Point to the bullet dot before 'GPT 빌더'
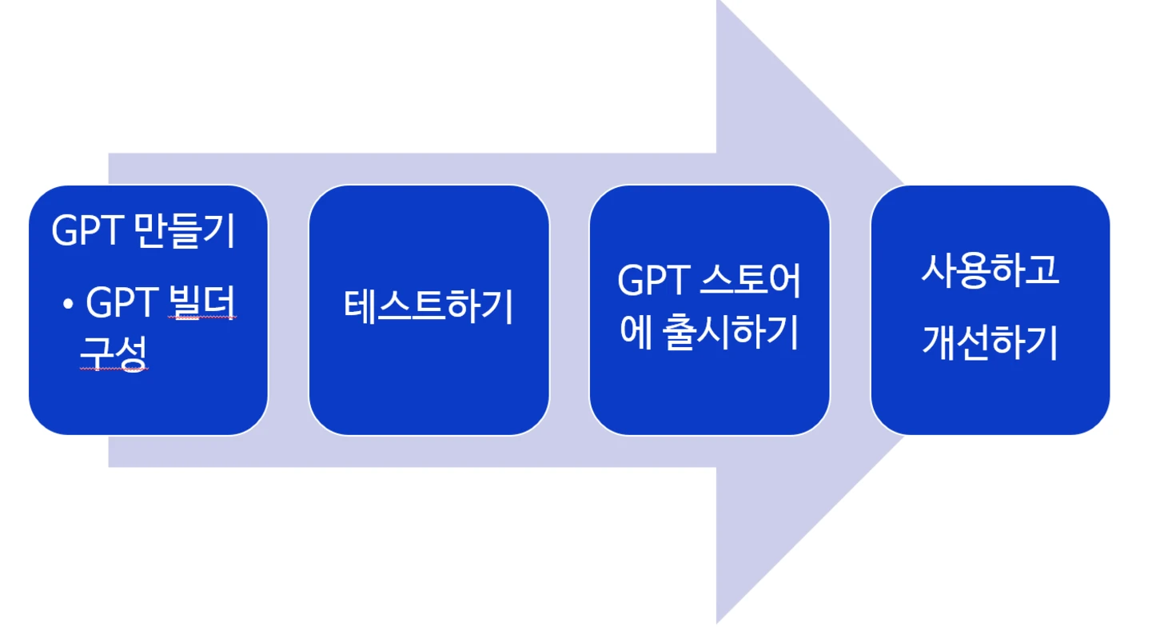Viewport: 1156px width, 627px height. (x=69, y=304)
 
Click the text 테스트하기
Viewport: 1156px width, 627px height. (x=429, y=307)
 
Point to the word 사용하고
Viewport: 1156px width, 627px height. (x=990, y=270)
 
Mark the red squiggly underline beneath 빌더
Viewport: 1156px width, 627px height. (x=203, y=319)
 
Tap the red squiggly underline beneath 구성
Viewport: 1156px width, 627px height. (x=114, y=370)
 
